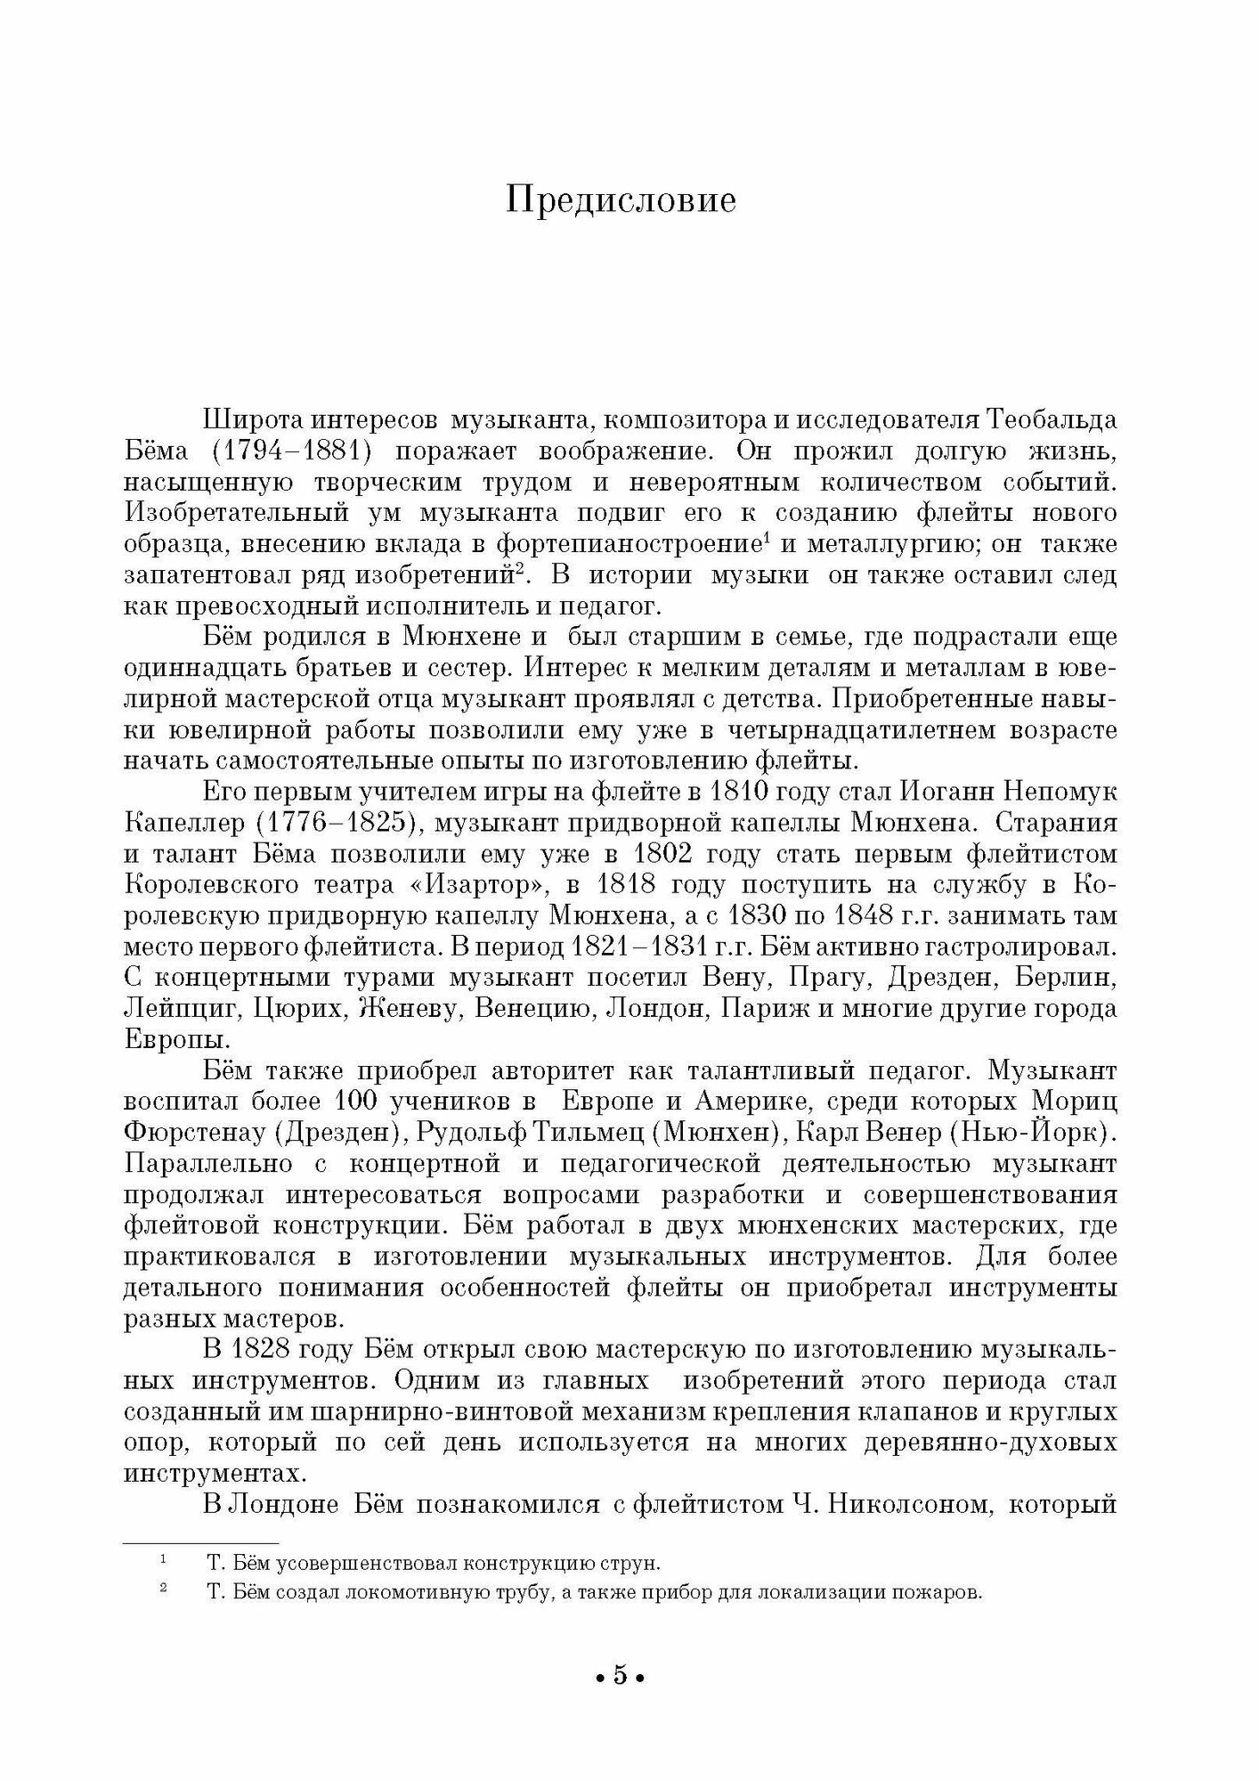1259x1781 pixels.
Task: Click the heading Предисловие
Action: pos(621,201)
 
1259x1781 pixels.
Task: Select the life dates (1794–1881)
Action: pos(292,451)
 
